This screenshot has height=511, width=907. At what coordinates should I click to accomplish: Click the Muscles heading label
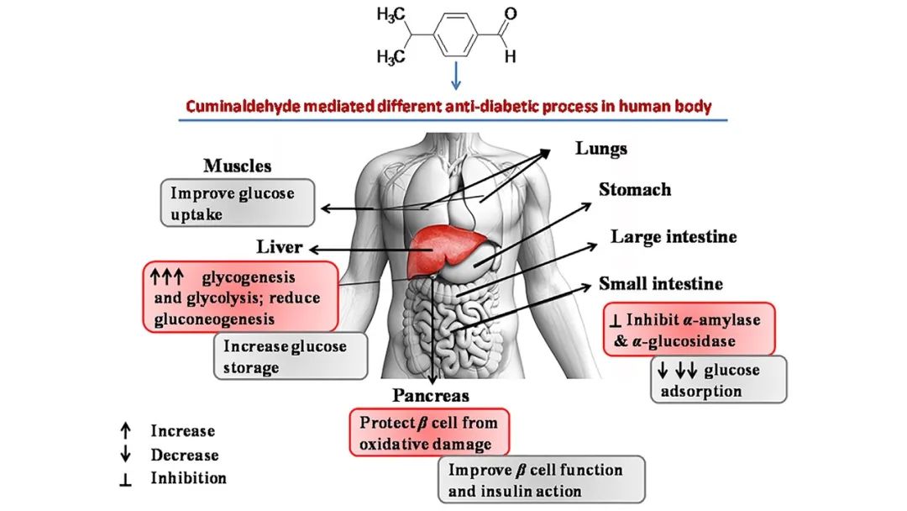(x=238, y=166)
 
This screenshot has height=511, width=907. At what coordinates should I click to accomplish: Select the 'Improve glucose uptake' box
(x=239, y=203)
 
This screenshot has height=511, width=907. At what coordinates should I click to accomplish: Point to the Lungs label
(x=600, y=149)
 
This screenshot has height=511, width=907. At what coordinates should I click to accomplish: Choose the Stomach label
(x=634, y=190)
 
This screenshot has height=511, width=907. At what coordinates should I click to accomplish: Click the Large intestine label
(x=673, y=237)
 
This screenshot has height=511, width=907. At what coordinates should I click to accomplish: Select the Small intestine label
(x=661, y=284)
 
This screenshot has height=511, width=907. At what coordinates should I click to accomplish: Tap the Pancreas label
(x=430, y=395)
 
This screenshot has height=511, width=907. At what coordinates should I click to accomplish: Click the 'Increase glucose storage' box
(x=284, y=356)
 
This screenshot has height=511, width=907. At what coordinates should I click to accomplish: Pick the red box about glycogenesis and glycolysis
(x=241, y=297)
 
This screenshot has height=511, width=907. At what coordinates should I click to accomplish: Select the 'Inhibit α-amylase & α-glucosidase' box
(x=689, y=329)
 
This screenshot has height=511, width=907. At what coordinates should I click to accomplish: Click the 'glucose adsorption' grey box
(x=718, y=380)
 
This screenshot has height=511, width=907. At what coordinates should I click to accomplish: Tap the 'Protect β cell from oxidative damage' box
(x=430, y=432)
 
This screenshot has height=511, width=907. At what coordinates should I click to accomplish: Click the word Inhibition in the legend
(x=188, y=478)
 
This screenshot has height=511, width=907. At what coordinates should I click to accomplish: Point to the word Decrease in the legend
(x=185, y=455)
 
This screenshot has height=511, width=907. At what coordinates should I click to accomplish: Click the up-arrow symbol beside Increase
(x=126, y=431)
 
